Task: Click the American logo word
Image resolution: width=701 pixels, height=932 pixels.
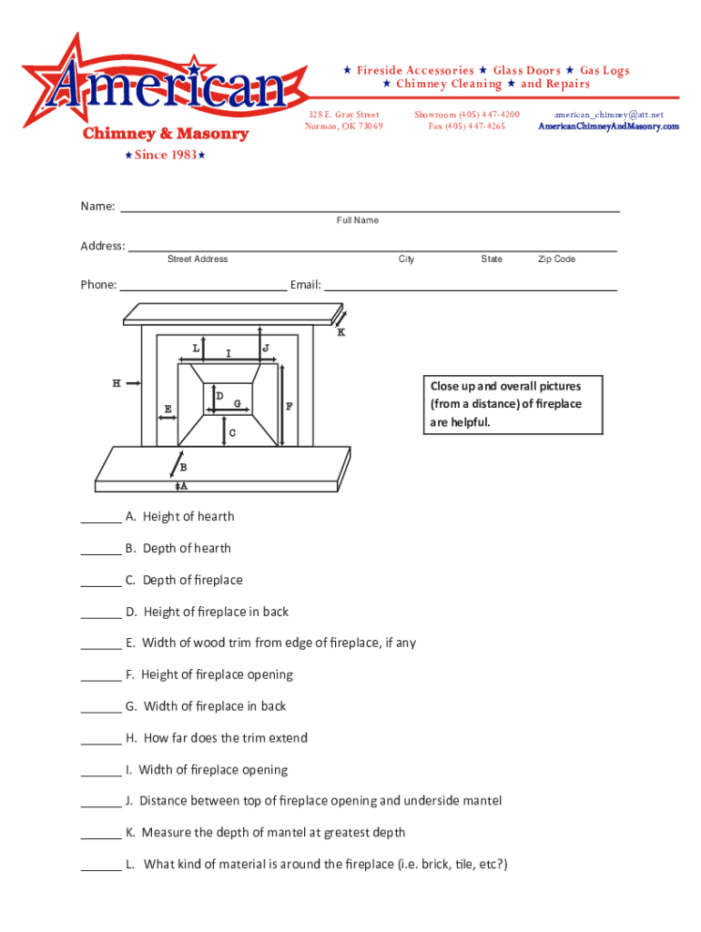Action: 169,89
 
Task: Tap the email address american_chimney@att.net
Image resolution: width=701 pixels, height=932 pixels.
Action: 608,115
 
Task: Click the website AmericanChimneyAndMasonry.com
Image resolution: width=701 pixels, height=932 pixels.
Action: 608,127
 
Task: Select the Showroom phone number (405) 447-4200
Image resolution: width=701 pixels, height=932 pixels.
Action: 488,115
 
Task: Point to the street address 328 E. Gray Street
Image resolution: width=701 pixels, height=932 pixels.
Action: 343,115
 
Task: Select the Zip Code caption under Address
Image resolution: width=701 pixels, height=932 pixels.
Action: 556,259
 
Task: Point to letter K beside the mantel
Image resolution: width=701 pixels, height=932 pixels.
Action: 341,332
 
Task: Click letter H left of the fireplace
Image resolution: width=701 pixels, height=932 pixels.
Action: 117,384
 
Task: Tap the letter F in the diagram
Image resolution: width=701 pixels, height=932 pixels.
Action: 290,407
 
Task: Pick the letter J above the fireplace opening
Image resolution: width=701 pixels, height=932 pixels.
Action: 265,348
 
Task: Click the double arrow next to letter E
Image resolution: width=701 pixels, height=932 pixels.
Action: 168,419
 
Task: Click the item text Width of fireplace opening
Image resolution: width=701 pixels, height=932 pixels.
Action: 213,770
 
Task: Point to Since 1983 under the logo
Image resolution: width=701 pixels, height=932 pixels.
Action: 164,155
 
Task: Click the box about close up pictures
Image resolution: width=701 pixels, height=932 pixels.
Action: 513,403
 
